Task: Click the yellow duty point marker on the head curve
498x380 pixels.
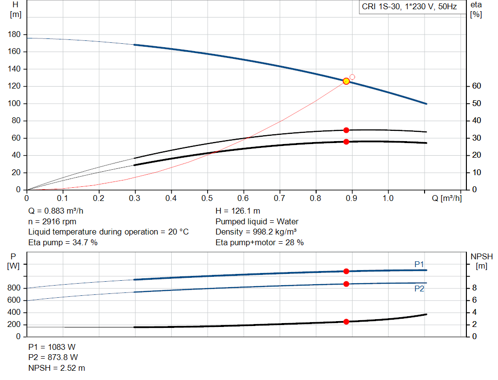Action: pos(346,81)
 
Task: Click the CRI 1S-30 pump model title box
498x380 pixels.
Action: pos(409,7)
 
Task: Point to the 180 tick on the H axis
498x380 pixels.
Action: pos(14,35)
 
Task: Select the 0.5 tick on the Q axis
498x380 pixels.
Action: pos(207,199)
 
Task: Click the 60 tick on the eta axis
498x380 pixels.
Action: pos(476,86)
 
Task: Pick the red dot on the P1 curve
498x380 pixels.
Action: pos(346,271)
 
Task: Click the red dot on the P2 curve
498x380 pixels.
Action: pos(346,284)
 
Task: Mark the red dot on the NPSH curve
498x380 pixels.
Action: pos(346,322)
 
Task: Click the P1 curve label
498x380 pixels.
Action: pos(419,264)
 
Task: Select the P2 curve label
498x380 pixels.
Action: pos(419,289)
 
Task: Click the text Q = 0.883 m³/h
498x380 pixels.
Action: pos(59,211)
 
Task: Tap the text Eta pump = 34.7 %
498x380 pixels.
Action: pos(63,242)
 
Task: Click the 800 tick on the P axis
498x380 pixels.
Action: pos(14,288)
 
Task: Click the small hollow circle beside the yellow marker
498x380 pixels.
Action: pos(352,77)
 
